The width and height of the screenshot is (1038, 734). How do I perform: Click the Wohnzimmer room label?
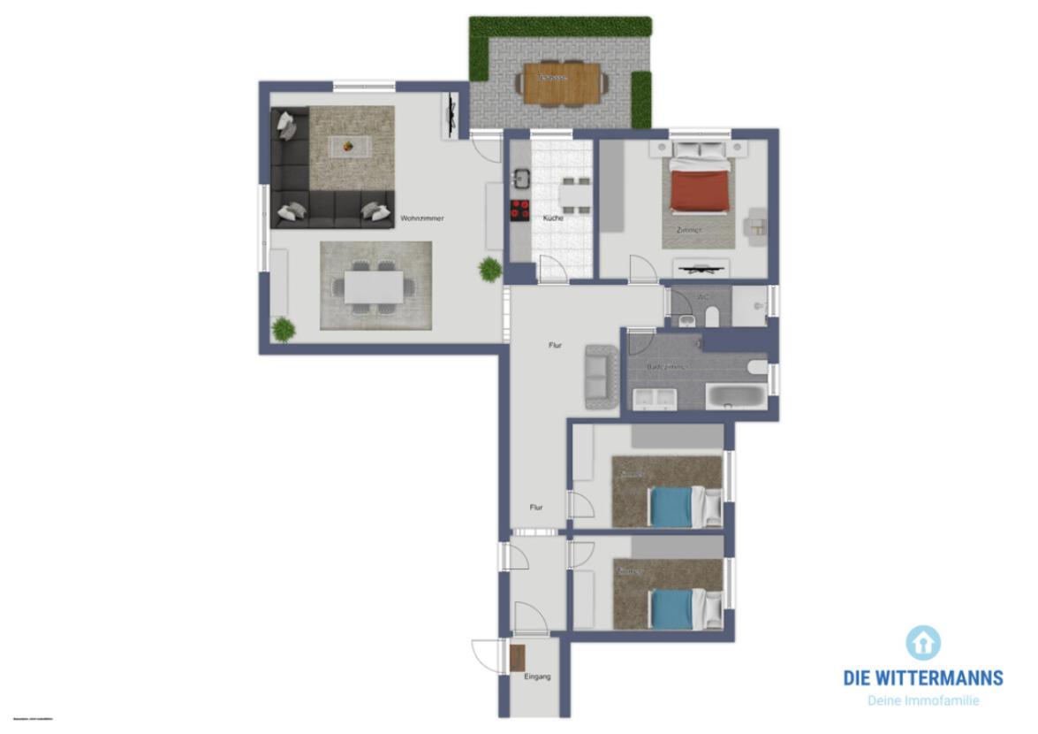click(421, 218)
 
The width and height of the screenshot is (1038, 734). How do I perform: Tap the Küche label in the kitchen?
click(554, 218)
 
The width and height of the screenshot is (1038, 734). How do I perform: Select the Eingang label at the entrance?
click(537, 677)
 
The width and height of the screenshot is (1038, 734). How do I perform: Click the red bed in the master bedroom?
click(700, 191)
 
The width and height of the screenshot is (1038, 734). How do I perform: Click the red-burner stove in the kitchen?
click(519, 210)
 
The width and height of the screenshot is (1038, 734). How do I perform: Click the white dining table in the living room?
click(374, 286)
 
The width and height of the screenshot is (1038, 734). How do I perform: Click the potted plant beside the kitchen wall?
click(490, 268)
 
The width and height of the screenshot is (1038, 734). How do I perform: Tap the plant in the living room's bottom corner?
click(283, 329)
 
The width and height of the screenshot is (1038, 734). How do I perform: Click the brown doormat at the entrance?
click(518, 657)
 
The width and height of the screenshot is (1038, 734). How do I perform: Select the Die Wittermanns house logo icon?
click(923, 642)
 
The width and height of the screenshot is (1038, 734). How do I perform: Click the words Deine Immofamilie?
click(923, 700)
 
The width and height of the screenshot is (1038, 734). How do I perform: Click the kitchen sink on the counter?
click(520, 179)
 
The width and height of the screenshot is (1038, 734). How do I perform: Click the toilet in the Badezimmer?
click(757, 365)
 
